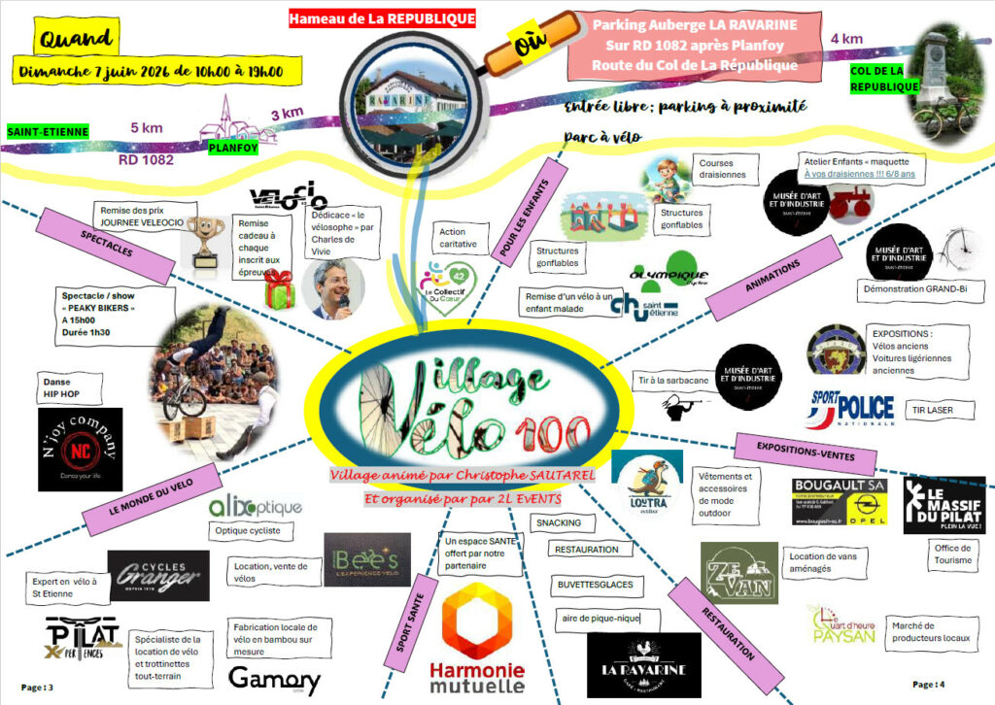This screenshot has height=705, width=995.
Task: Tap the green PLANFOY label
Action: tap(233, 149)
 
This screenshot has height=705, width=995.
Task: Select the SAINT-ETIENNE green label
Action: tap(48, 131)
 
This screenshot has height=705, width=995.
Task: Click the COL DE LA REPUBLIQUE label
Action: tap(877, 79)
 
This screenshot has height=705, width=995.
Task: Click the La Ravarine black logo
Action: tap(643, 665)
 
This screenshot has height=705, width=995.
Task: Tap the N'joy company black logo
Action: tap(81, 449)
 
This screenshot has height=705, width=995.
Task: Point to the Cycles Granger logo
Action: tap(158, 576)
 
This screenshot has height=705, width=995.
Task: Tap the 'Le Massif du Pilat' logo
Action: tap(944, 504)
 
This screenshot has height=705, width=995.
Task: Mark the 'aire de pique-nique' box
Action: tap(606, 619)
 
